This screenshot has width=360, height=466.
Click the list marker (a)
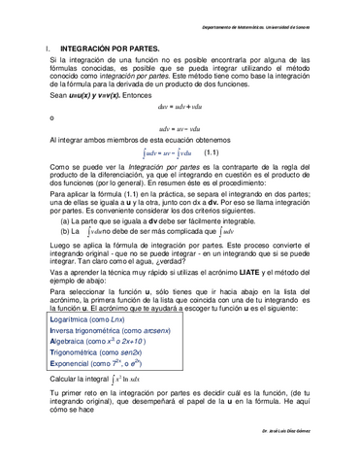point(65,220)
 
